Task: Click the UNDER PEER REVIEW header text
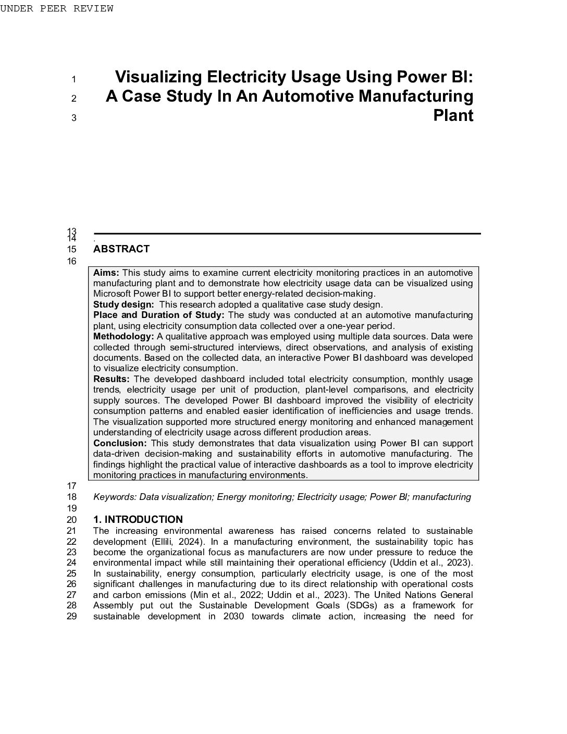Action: (56, 8)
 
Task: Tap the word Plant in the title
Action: (453, 115)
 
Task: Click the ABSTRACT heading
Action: (121, 249)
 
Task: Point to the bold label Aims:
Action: (106, 273)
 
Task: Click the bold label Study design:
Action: (124, 304)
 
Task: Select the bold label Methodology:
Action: (124, 336)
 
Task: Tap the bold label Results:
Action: (111, 379)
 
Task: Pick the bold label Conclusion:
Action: (120, 443)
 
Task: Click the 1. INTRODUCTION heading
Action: (138, 519)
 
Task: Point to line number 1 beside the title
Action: (73, 79)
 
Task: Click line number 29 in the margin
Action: (72, 616)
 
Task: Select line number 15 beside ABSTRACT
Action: (72, 249)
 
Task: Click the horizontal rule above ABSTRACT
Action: (287, 234)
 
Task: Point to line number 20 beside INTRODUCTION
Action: (72, 519)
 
